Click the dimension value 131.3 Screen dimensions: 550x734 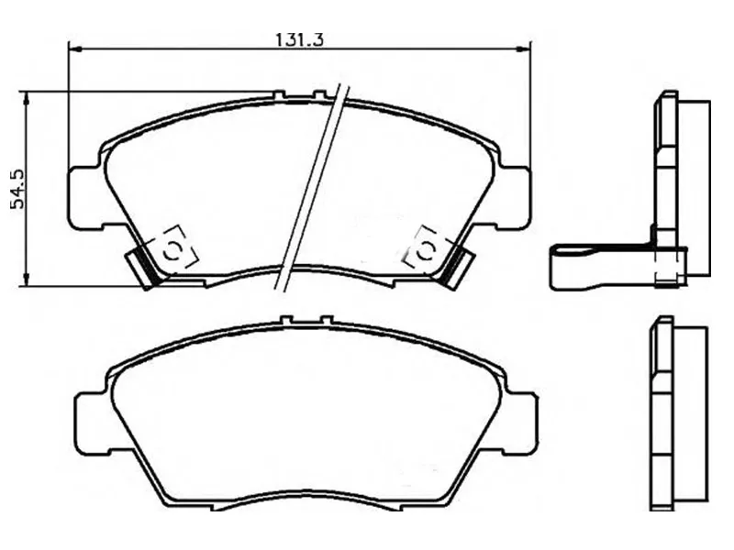[301, 39]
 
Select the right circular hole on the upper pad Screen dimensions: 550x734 [426, 248]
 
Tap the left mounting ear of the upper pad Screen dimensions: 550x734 [84, 195]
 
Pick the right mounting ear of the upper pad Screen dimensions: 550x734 [514, 195]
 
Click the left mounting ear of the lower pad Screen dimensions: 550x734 [91, 421]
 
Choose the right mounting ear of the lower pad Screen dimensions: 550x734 [519, 421]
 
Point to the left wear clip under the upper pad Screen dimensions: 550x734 [143, 267]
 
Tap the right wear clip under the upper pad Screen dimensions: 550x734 [456, 267]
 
